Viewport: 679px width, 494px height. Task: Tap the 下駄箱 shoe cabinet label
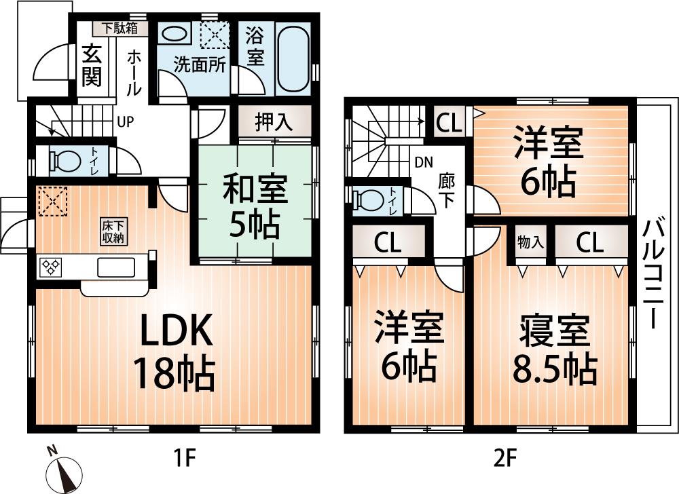120,28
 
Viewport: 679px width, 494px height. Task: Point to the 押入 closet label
274,123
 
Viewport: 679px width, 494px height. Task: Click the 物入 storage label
530,242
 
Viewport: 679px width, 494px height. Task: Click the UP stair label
125,122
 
